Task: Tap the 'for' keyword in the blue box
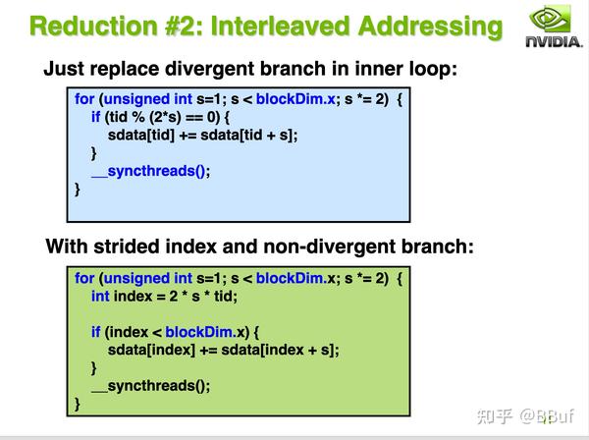(84, 98)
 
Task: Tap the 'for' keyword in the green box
(84, 278)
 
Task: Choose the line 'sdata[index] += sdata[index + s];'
(225, 350)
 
